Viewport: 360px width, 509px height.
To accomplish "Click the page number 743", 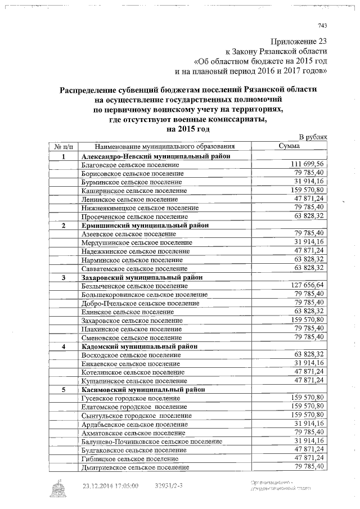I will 322,25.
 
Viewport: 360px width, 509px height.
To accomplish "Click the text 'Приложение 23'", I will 299,41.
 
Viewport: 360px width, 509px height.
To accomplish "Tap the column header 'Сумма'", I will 289,146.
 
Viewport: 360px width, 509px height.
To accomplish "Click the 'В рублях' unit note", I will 312,138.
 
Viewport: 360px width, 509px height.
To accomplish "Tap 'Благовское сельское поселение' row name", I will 130,165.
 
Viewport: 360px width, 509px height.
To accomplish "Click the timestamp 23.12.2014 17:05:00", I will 110,486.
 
